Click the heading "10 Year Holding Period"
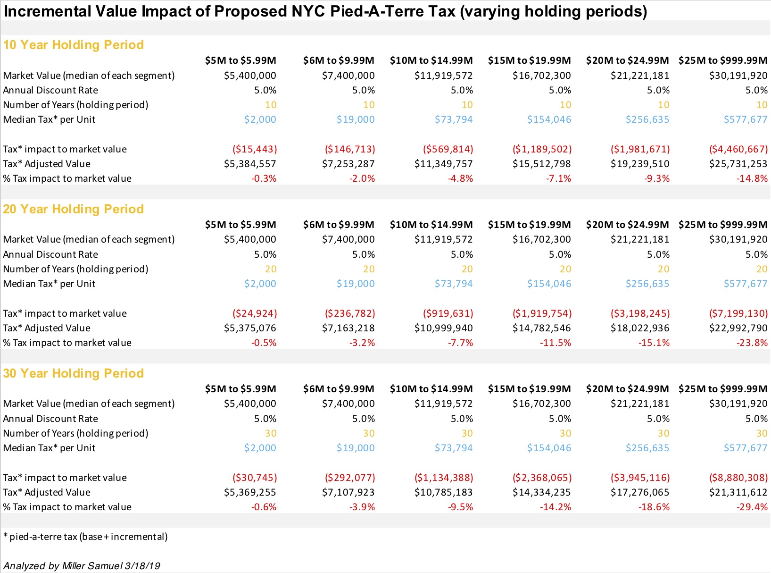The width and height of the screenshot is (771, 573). coord(73,45)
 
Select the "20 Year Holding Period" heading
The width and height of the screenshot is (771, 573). coord(73,209)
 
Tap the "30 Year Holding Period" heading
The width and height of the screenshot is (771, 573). coord(73,373)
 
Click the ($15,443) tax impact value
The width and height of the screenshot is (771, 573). coord(255,149)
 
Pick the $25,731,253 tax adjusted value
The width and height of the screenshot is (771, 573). coord(738,164)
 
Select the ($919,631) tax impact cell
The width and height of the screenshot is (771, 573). coord(448,313)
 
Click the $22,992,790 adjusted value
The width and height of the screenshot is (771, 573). coord(738,328)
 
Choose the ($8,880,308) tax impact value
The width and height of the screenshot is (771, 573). coord(738,478)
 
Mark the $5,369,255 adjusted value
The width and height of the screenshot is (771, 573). coord(250,492)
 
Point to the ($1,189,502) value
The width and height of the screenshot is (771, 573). coord(542,149)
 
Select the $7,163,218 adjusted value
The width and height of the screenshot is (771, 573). coord(348,328)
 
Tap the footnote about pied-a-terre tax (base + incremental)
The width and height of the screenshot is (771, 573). coord(85,537)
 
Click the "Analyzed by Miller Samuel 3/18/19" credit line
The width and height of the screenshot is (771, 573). coord(82,566)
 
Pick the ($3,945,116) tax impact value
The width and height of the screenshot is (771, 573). coord(640,478)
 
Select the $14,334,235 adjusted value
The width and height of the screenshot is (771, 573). coord(541,492)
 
